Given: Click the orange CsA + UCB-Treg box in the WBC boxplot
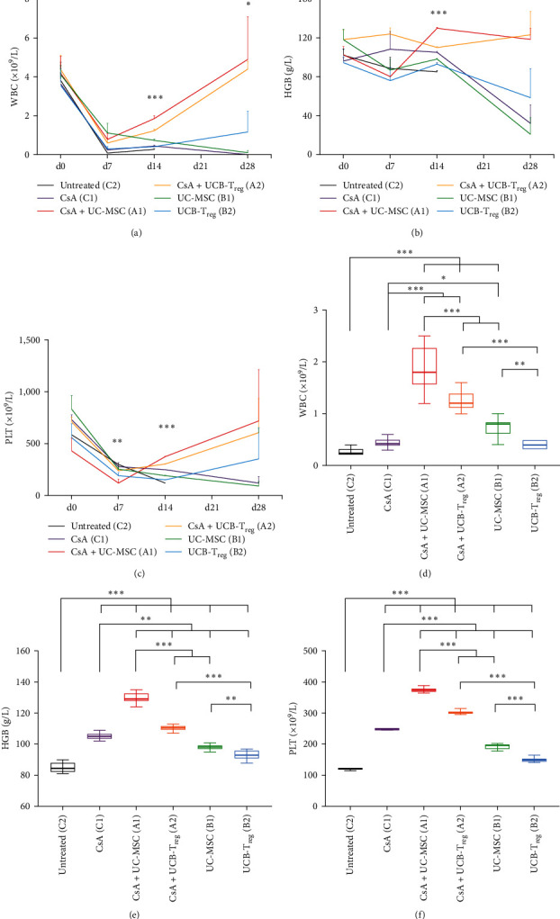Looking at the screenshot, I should tap(461, 401).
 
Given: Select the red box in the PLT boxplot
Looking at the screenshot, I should tap(424, 690).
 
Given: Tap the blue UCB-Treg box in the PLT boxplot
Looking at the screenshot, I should tap(535, 761).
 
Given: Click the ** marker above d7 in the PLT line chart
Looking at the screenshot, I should tap(118, 442).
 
